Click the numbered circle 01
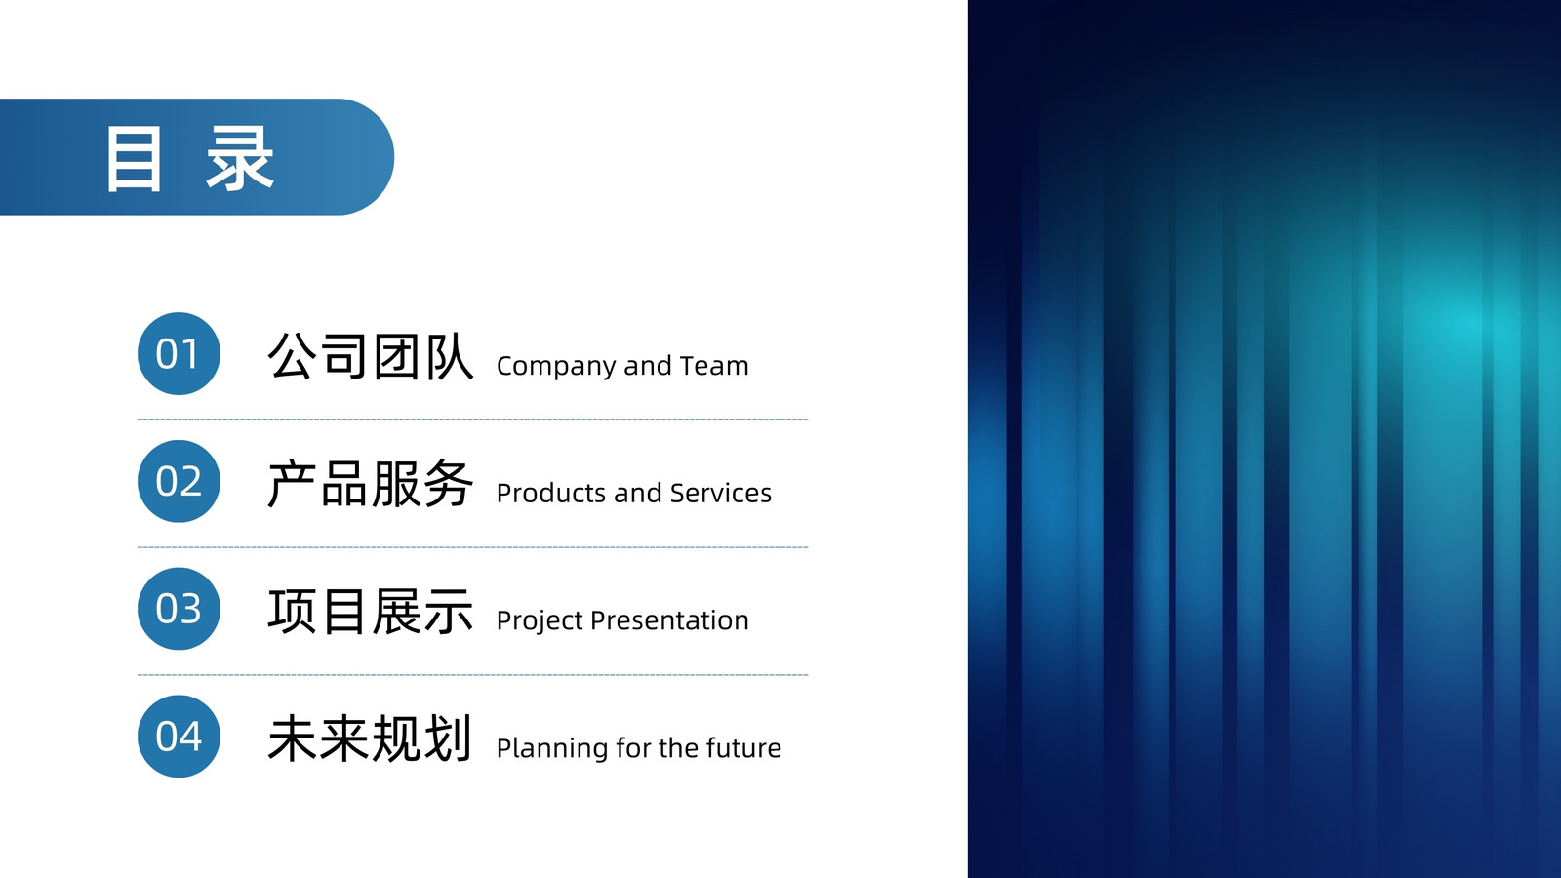click(x=180, y=353)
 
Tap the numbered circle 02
click(x=180, y=481)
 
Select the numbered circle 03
click(x=180, y=609)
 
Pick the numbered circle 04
click(x=180, y=736)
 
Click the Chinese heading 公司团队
click(x=371, y=356)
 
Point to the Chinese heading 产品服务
click(x=371, y=484)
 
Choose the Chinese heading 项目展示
click(x=371, y=611)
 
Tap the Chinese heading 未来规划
click(x=371, y=738)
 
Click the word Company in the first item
click(x=557, y=367)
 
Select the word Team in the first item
click(x=714, y=365)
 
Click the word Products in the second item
click(x=551, y=493)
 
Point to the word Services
click(x=721, y=493)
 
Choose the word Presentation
click(x=669, y=620)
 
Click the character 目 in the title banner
click(x=134, y=159)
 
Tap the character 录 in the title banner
click(x=240, y=159)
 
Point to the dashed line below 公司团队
click(x=472, y=419)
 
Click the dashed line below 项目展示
click(x=472, y=674)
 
